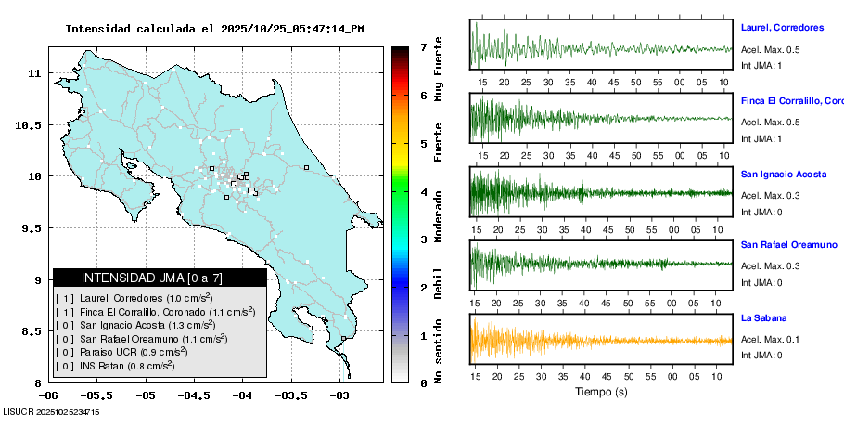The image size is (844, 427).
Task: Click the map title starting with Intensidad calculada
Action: (x=214, y=29)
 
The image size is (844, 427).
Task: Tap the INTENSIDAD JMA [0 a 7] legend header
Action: (x=159, y=278)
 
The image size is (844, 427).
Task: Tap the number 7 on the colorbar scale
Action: (x=423, y=46)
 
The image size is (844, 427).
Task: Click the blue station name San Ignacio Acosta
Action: (x=783, y=174)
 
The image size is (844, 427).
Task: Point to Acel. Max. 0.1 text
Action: (x=770, y=340)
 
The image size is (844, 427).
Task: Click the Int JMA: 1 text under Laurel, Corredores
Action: (x=761, y=65)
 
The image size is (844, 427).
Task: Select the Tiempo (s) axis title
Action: (x=602, y=392)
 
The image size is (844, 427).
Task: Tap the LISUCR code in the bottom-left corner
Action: (x=51, y=411)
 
